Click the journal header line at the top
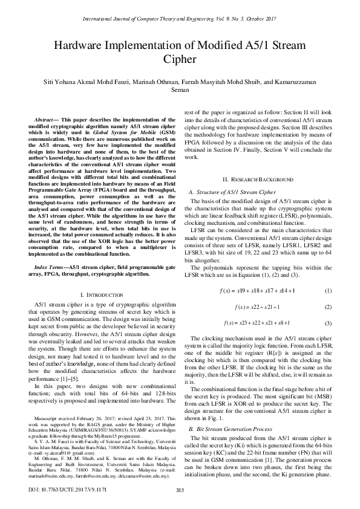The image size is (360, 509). click(179, 19)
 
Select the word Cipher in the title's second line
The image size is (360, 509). click(180, 59)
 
